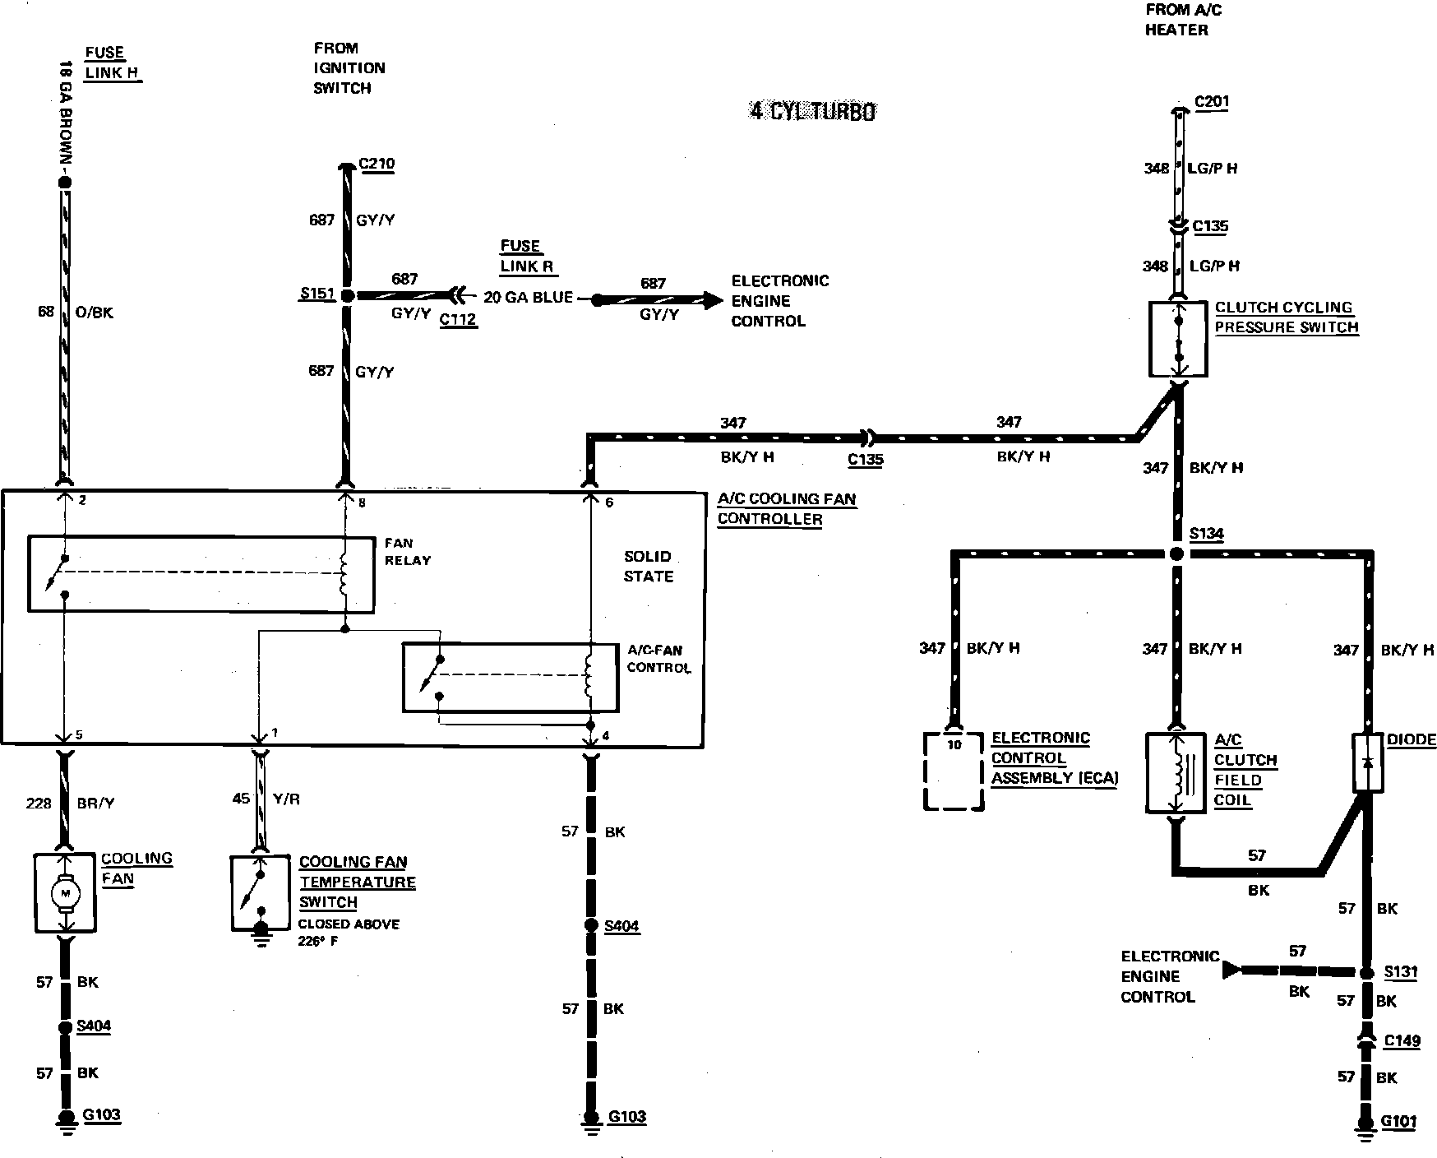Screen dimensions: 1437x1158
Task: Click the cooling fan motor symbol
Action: tap(66, 893)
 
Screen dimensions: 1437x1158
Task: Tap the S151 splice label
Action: tap(317, 294)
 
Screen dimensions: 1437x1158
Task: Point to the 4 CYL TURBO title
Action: tap(812, 111)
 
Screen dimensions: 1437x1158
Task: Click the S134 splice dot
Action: tap(1176, 554)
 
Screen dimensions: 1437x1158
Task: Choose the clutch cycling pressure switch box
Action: tap(1177, 339)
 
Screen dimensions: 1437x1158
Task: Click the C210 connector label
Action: tap(377, 164)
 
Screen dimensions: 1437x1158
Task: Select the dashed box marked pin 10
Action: tap(954, 771)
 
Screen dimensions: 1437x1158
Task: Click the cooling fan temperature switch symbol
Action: tap(261, 893)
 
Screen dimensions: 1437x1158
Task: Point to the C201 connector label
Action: tap(1211, 101)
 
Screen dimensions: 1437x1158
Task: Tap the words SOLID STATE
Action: tap(648, 566)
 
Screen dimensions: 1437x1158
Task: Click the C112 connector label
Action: tap(458, 319)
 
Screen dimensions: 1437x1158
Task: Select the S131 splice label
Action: tap(1401, 971)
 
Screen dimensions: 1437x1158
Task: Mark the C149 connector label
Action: tap(1402, 1040)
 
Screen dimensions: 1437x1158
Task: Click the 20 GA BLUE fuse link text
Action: tap(528, 297)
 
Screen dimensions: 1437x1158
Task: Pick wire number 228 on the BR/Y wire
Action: tap(38, 804)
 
